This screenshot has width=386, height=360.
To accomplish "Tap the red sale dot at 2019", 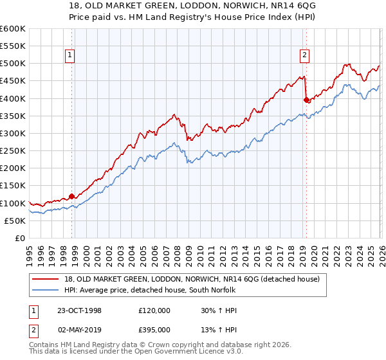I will (306, 100).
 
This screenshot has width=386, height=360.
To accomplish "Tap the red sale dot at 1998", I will (72, 196).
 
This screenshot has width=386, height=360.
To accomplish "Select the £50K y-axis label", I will (15, 221).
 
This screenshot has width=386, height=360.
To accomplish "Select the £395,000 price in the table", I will (154, 330).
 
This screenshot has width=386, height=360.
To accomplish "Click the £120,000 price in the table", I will (154, 310).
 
